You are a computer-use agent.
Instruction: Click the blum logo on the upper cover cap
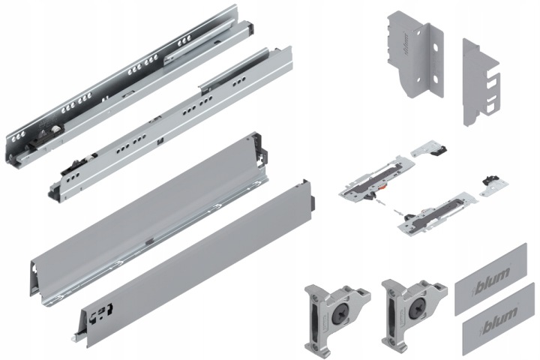(493, 276)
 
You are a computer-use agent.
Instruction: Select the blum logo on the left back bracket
(406, 43)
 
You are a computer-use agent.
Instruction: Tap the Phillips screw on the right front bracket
(416, 306)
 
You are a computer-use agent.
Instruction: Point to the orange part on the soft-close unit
(381, 187)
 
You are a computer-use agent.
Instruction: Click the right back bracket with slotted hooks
(481, 82)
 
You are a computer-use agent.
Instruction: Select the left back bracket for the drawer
(414, 54)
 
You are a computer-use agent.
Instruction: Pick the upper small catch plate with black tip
(429, 148)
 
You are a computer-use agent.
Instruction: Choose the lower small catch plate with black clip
(493, 186)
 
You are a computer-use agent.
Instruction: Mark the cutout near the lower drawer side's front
(101, 313)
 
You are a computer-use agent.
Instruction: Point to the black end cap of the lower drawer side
(313, 203)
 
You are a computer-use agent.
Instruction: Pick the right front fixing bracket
(414, 312)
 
